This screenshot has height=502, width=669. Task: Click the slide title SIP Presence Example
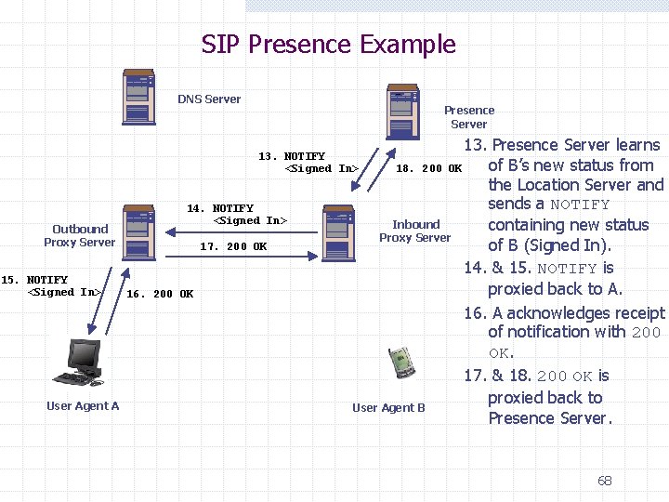pos(329,45)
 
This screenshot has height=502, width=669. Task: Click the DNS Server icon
pos(138,97)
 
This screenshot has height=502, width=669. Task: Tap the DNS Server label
pos(209,99)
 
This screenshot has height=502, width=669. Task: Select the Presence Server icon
pos(402,114)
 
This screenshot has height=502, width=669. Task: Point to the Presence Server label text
pos(468,117)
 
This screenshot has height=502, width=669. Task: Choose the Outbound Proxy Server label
pos(80,236)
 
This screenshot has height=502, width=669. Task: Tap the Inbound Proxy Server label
pos(415,231)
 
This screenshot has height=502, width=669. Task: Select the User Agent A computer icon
pos(79,363)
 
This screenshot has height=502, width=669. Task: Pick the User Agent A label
pos(83,406)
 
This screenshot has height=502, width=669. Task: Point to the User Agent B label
pos(388,408)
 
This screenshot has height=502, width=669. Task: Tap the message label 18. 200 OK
pos(428,169)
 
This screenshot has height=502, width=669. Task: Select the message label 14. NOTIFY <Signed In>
pos(237,215)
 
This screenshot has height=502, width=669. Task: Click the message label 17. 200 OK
pos(233,247)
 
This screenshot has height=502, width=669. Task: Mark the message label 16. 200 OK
pos(160,295)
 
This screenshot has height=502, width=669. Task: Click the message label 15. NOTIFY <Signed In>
pos(51,286)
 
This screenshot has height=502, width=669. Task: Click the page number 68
pos(605,481)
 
